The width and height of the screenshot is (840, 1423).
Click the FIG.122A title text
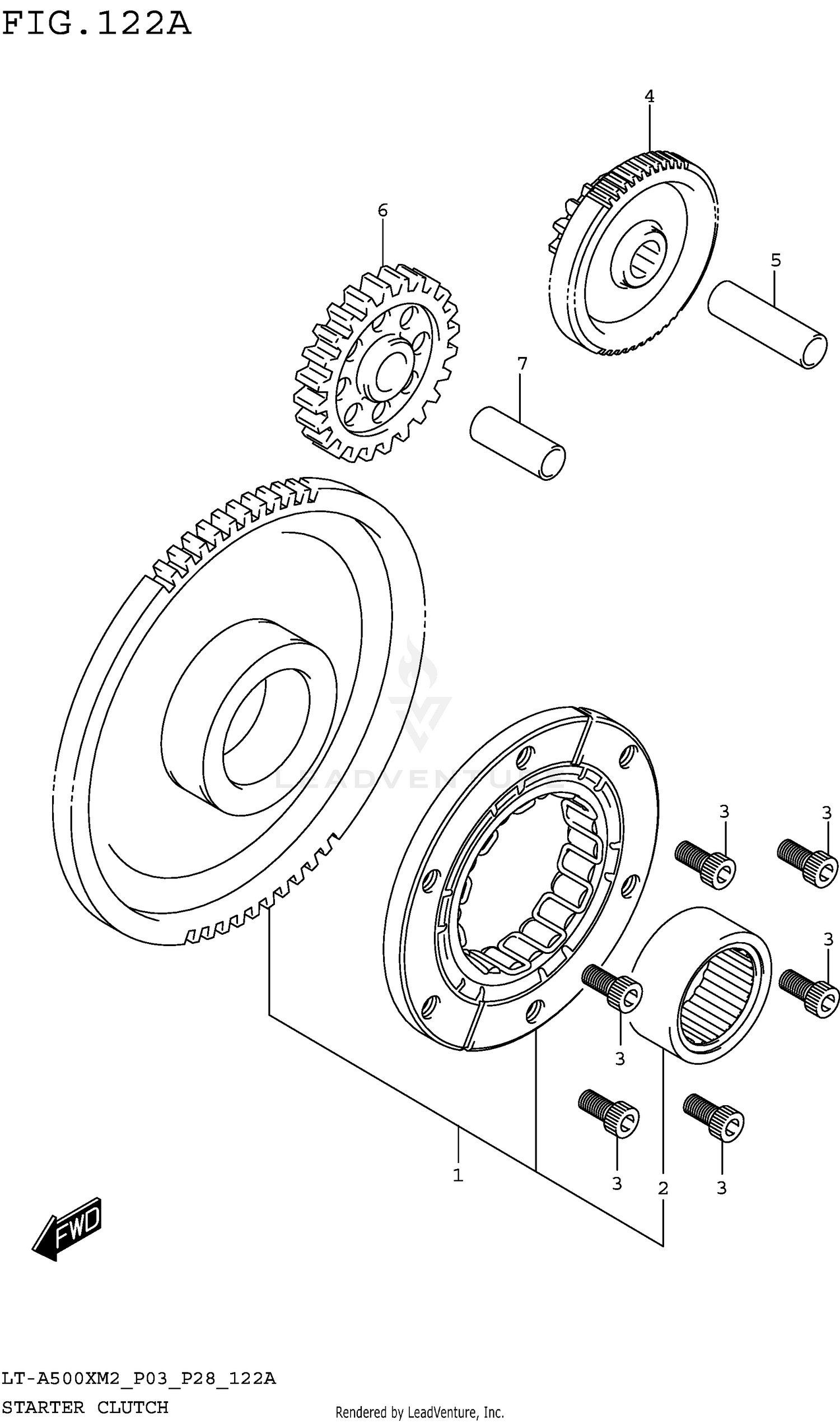click(96, 24)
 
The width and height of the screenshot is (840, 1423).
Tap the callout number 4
click(649, 96)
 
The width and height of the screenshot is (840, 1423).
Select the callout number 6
click(382, 211)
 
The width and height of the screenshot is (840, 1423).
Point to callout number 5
click(776, 261)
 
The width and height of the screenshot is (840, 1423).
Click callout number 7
click(522, 364)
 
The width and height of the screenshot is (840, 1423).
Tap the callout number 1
click(458, 1175)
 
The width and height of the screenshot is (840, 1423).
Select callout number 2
click(664, 1188)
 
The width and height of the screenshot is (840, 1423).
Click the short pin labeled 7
click(517, 443)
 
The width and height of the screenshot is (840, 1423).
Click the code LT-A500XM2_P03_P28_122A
click(138, 1378)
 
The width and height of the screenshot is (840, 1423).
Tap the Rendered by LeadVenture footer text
click(419, 1412)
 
